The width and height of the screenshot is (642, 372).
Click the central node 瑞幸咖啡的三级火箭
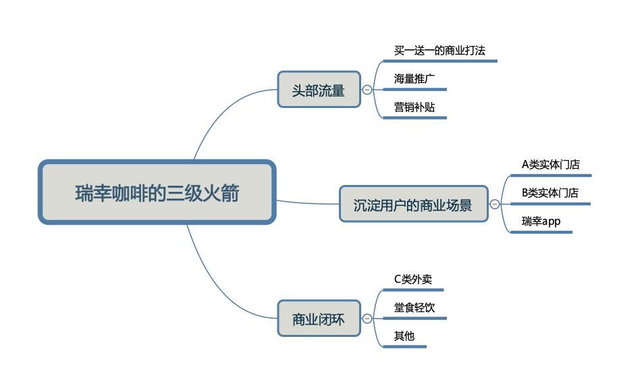point(157,192)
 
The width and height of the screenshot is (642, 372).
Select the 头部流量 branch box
point(319,89)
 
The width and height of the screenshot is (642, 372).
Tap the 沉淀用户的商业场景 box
point(412,204)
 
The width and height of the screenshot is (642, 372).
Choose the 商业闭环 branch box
point(319,319)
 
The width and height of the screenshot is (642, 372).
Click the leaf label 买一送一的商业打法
point(439,51)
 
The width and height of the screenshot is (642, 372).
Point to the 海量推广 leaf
point(414,79)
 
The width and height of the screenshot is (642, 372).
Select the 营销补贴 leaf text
point(414,107)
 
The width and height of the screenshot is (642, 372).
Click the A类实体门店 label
point(551,165)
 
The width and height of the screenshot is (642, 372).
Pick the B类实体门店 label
point(550,193)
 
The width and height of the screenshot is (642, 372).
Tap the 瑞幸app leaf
point(541,221)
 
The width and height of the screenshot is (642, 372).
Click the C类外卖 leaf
point(413,279)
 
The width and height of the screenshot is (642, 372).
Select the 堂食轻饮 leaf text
point(414,308)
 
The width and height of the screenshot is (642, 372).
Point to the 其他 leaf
point(404,336)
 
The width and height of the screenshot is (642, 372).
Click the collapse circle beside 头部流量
point(367,89)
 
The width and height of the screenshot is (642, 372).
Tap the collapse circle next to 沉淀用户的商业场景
point(495,204)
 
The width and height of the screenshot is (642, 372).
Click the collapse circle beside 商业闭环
point(367,319)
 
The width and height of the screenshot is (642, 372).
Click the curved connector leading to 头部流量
point(223,108)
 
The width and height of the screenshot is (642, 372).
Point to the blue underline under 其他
point(404,347)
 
